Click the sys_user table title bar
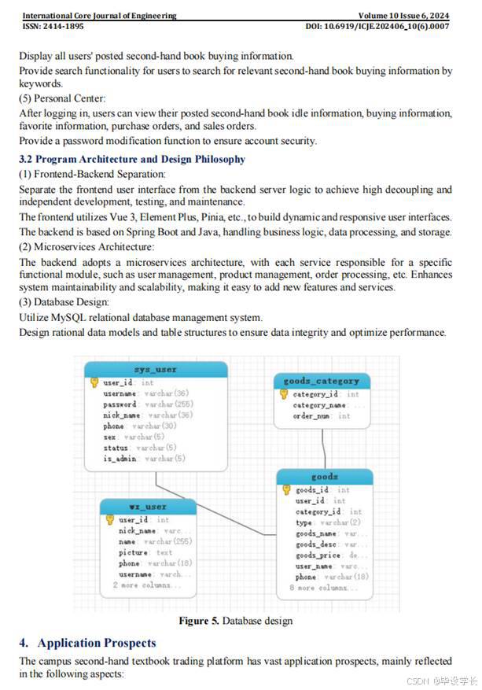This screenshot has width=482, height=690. (156, 369)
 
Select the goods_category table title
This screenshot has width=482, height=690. (321, 381)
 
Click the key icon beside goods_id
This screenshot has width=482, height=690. (287, 489)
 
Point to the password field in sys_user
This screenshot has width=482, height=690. (120, 404)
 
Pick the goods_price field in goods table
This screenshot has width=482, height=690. (318, 555)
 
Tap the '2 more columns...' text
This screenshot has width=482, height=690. (146, 585)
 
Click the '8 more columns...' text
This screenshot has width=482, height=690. (323, 588)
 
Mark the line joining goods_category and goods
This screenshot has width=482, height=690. (324, 448)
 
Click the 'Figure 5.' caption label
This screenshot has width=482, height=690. (199, 621)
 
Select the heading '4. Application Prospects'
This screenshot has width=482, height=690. (87, 643)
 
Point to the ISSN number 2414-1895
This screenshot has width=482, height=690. (67, 27)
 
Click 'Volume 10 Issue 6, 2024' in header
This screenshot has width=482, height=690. (403, 16)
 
